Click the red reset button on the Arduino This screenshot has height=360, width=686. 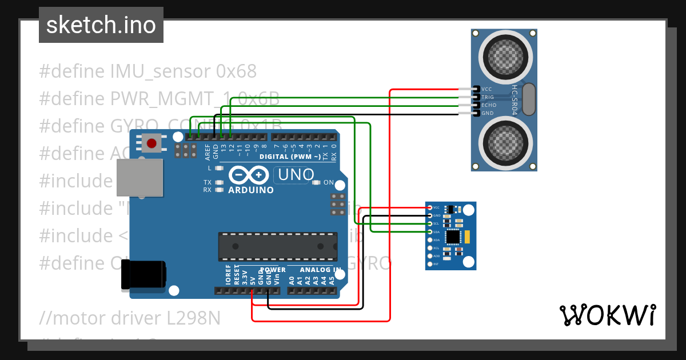tap(152, 143)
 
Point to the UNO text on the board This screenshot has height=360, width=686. tap(295, 175)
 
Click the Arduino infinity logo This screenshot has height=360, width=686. tap(249, 175)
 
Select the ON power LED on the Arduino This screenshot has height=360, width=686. tap(316, 183)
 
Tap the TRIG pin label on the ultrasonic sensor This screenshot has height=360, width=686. tap(488, 97)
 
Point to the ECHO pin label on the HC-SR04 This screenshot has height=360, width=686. tap(489, 105)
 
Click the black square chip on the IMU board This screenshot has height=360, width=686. tap(453, 236)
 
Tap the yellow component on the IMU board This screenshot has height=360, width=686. tap(467, 237)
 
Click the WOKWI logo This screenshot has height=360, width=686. tap(608, 315)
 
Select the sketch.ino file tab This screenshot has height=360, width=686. tap(101, 25)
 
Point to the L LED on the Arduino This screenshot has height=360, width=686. tap(218, 169)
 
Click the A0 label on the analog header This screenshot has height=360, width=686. tap(292, 280)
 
